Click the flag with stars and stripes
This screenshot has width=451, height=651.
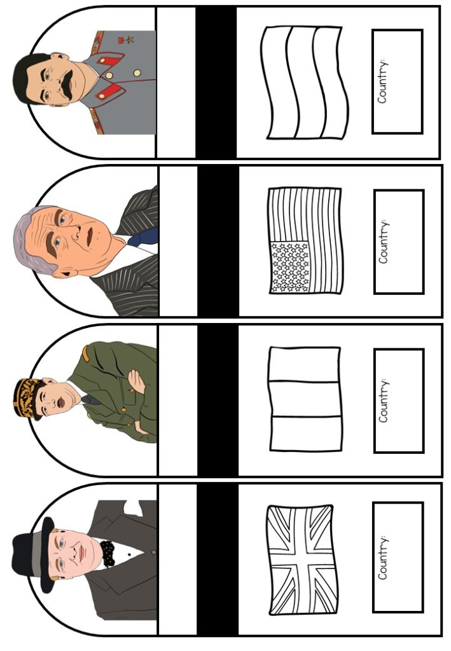pos(305,240)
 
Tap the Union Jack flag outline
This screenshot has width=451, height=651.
pos(302,559)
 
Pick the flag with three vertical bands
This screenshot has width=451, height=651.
pos(305,399)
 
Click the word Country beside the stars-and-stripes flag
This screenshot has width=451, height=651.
pos(384,242)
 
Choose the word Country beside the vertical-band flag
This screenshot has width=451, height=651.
pos(384,400)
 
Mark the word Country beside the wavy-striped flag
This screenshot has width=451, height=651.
pos(382,81)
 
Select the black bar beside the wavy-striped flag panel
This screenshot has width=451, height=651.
pos(216,82)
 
